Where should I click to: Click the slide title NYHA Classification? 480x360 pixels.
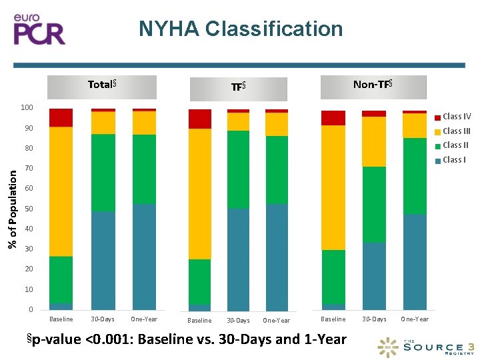point(241,29)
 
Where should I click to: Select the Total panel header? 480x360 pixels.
point(103,85)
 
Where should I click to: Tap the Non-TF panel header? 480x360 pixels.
point(372,85)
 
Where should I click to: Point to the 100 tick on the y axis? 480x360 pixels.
point(27,108)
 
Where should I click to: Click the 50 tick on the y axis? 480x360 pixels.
point(28,209)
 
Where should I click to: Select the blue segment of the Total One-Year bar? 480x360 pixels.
point(144,257)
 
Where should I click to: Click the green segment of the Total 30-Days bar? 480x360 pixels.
point(103,173)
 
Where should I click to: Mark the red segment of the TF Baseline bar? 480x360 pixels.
point(199,119)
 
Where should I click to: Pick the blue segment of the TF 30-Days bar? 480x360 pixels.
point(238,259)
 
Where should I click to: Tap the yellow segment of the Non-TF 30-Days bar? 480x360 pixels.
point(374,141)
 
